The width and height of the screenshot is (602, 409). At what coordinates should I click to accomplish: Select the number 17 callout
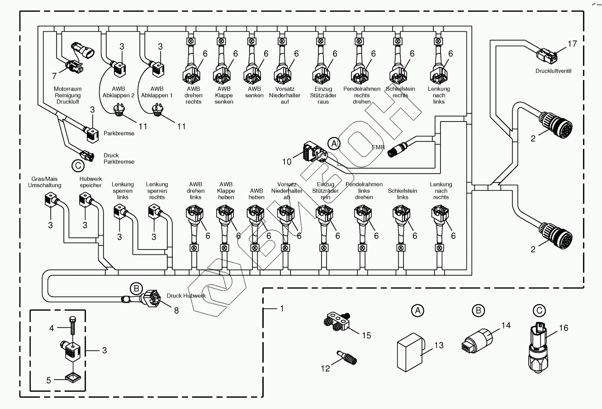coord(572,44)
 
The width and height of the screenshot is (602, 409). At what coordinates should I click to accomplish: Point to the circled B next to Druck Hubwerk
coord(136,288)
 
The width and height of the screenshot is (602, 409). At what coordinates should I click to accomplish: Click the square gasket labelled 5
coord(71,376)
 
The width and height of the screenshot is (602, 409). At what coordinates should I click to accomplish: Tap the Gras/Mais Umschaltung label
coord(45,182)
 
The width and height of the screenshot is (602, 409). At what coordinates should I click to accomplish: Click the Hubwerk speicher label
coord(85,182)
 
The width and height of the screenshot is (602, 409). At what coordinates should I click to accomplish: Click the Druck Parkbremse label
coord(119,158)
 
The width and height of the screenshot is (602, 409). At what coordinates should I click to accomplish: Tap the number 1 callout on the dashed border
coord(282,308)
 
